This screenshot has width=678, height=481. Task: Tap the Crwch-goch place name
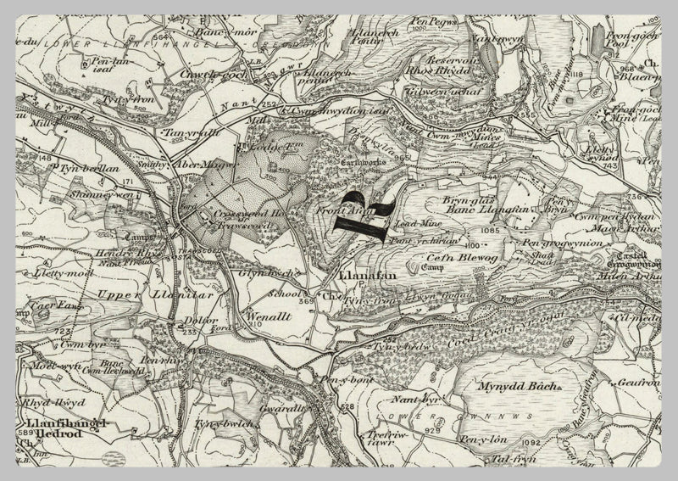[x=215, y=74]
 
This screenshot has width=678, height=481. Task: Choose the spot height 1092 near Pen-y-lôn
[x=532, y=441]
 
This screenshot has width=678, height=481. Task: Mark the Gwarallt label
[x=276, y=407]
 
